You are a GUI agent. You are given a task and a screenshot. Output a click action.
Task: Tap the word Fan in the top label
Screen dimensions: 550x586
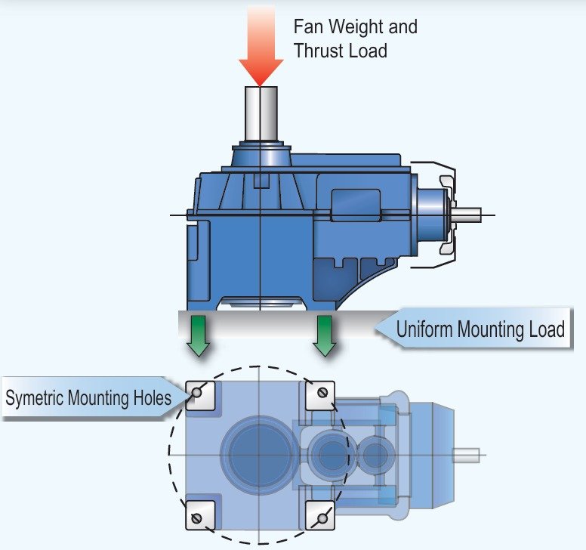click(308, 27)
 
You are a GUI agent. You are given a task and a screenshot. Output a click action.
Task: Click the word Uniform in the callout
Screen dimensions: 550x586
click(424, 329)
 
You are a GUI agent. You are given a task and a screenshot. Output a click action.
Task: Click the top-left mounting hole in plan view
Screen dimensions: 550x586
click(199, 392)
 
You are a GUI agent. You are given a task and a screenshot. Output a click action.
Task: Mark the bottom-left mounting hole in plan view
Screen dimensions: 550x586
click(199, 518)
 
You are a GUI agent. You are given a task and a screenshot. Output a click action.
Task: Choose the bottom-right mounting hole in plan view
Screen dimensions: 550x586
click(322, 518)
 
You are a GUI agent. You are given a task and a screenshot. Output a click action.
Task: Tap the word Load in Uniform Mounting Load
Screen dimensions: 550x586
click(548, 329)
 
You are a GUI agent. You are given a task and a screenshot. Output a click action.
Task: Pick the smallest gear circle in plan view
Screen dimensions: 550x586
click(375, 455)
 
